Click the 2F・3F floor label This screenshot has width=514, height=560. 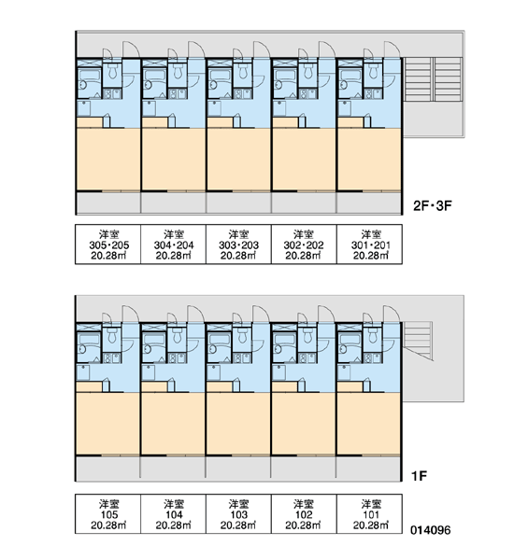point(433,205)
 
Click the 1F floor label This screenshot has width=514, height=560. point(420,476)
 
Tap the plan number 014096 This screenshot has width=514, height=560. point(430,530)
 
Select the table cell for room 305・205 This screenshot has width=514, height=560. point(108,245)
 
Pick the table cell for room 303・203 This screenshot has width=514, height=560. point(238,245)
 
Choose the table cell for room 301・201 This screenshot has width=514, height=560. point(369,245)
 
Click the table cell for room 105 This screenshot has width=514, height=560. point(108,514)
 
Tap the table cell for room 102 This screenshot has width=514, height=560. point(304,514)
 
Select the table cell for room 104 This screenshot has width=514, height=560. point(174,514)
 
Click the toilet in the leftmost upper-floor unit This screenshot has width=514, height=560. point(113,71)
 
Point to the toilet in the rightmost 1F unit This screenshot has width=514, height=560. point(373,335)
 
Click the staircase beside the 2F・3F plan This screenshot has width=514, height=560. point(433,79)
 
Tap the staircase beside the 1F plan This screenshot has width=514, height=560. point(418,341)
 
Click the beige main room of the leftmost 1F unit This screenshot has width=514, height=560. point(107,424)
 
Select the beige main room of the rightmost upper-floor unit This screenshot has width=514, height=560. point(369,160)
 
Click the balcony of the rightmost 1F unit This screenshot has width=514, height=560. point(368,469)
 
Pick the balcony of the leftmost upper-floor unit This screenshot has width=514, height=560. point(108,203)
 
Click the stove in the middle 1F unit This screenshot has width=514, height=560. point(238,357)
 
